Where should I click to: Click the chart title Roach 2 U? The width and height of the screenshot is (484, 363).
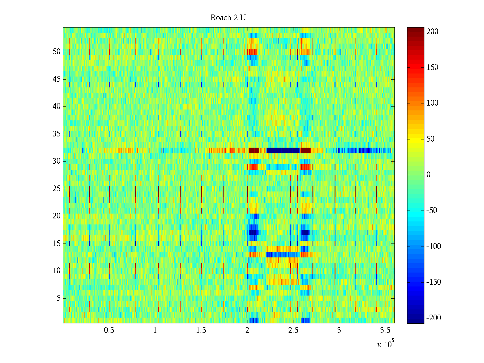click(228, 18)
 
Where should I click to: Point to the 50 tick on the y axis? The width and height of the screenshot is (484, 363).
click(57, 52)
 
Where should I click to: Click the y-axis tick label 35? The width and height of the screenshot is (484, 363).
click(57, 134)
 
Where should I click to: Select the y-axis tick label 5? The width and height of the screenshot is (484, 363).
click(58, 298)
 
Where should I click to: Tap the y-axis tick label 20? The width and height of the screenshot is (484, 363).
click(57, 216)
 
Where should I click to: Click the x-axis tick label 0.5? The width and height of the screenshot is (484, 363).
click(109, 330)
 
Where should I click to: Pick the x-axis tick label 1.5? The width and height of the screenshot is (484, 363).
click(201, 330)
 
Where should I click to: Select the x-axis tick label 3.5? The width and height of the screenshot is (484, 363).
click(385, 330)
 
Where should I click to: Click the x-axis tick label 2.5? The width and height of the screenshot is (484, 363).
click(293, 330)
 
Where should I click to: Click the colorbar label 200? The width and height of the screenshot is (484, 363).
click(432, 32)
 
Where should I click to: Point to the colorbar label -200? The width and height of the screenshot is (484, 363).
click(433, 318)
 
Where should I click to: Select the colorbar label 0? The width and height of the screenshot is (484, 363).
click(428, 175)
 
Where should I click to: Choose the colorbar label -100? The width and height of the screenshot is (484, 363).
click(433, 247)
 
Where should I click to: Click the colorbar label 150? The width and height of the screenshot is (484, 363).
click(432, 67)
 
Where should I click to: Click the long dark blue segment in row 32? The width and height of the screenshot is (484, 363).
click(283, 150)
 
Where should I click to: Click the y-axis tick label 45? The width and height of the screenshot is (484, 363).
click(57, 79)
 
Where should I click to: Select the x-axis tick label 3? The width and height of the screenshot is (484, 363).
click(339, 330)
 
